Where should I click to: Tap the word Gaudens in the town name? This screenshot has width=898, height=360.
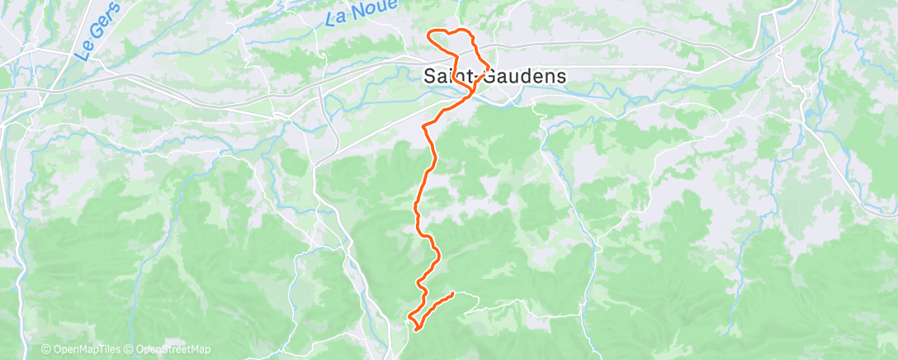(x=525, y=76)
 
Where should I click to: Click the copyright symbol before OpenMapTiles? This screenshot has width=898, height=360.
(x=46, y=349)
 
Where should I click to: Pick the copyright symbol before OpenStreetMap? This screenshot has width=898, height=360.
(x=130, y=349)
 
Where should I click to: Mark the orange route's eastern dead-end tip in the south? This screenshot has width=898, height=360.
(x=453, y=294)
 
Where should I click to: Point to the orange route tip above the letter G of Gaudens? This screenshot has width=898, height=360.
(x=490, y=66)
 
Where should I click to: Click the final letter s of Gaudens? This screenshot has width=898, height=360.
(x=561, y=76)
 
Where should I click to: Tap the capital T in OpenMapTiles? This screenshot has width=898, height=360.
(x=100, y=349)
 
